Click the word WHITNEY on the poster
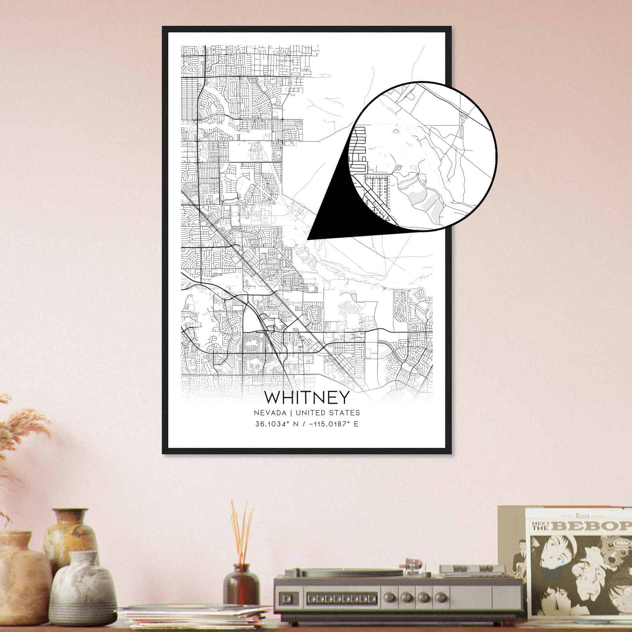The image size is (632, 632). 307,397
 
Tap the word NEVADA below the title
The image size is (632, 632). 270,413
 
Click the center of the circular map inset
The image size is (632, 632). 424,156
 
